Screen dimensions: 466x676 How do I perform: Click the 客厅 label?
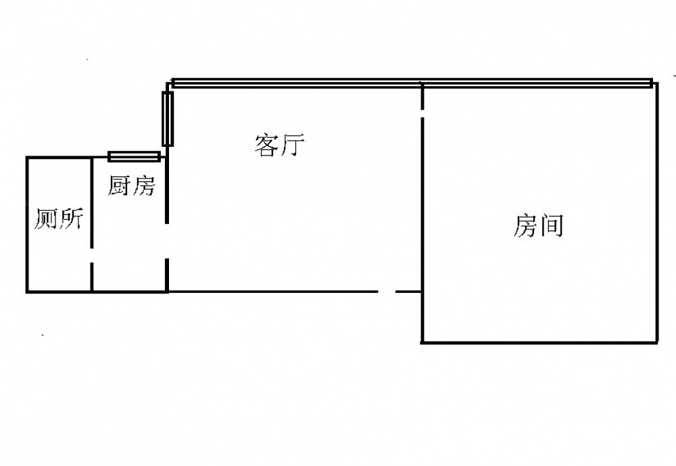click(x=280, y=145)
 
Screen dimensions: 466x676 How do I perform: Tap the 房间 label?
click(x=538, y=226)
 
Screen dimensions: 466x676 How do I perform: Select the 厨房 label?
click(x=131, y=185)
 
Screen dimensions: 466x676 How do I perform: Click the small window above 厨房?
click(x=135, y=157)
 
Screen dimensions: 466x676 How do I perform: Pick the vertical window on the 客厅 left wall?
click(x=167, y=118)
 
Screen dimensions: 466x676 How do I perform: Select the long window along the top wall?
click(x=412, y=84)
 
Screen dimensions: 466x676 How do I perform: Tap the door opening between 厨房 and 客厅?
click(x=167, y=240)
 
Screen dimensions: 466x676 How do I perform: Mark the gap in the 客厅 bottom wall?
click(x=387, y=292)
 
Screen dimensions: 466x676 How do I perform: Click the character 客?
click(x=267, y=145)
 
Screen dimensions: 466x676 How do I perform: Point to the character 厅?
click(x=293, y=145)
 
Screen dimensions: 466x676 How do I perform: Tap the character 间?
click(x=552, y=226)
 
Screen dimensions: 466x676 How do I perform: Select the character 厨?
click(x=119, y=185)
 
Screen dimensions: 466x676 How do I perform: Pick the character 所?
click(x=71, y=219)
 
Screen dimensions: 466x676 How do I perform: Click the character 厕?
click(x=45, y=219)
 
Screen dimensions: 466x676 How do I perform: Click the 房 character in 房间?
click(x=525, y=226)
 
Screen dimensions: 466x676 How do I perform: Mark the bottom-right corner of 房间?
click(x=657, y=342)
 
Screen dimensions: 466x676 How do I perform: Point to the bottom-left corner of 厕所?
click(x=27, y=292)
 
